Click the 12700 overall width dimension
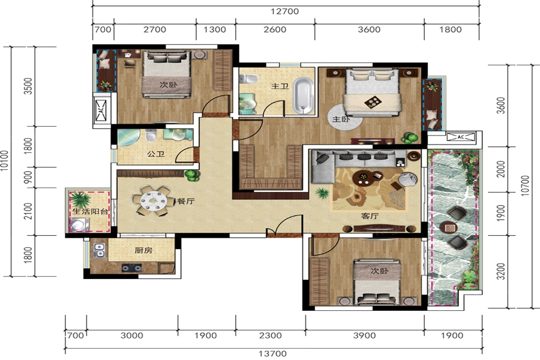coord(285,11)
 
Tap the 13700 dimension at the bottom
coord(272,353)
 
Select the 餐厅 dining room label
coord(185,201)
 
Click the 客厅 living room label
coord(370,216)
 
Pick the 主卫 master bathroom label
coord(280,86)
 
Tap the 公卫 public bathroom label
coord(155,154)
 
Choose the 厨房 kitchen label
coord(143,250)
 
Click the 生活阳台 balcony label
coord(90,212)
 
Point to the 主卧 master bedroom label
coord(341,119)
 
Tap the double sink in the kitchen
coord(99,250)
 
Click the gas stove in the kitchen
coord(131,268)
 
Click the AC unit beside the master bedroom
coord(461,137)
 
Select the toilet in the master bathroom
coord(248,79)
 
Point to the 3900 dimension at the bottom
coord(364,335)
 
